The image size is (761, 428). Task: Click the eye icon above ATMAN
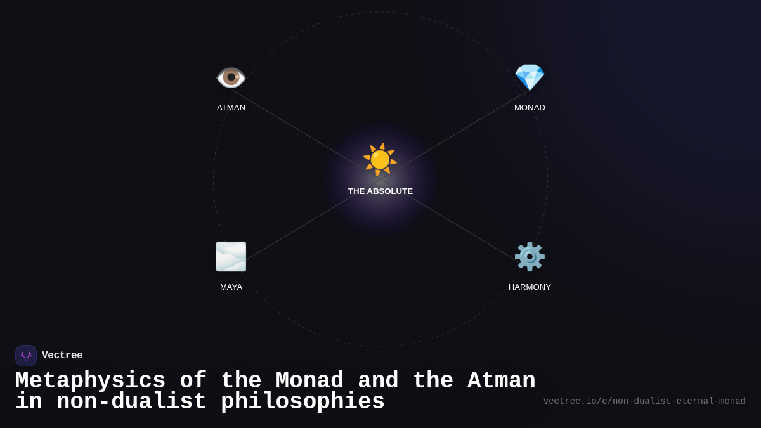pos(231,77)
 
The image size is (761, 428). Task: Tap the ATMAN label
pos(231,108)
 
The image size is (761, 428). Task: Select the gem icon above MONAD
pos(530,77)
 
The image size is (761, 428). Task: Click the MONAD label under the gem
pos(530,108)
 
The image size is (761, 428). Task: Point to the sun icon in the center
pos(380,159)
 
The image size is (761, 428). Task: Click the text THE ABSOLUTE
pos(380,191)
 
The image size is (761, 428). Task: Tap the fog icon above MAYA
pos(231,257)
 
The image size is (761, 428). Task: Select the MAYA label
pos(231,287)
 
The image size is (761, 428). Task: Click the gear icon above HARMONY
pos(530,257)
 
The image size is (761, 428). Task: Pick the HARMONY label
pos(530,287)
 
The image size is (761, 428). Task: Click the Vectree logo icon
pos(26,356)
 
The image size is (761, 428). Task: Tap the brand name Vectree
pos(62,356)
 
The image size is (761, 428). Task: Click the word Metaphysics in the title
pos(90,381)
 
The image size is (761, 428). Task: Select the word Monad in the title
pos(309,381)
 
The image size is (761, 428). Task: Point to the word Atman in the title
pos(501,381)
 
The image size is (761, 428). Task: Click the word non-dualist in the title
pos(131,402)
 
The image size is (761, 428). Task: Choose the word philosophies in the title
pos(302,402)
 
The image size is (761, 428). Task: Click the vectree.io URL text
pos(644,401)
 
